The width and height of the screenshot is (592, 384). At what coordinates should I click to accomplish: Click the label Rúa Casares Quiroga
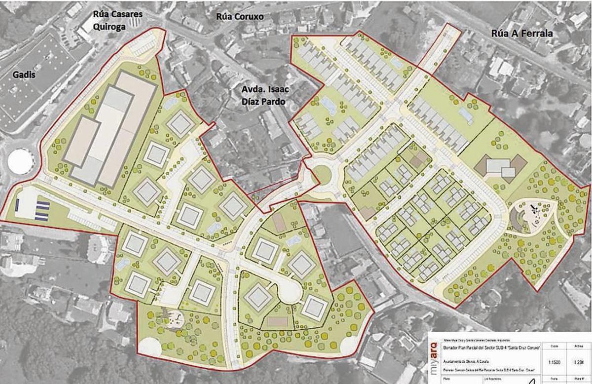pos(118,19)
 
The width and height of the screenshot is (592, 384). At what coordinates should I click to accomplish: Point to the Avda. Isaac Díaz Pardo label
pos(265,97)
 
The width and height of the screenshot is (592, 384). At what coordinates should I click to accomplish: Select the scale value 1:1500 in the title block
pos(553,361)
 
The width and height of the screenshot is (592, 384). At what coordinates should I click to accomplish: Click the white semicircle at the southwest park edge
pos(149,347)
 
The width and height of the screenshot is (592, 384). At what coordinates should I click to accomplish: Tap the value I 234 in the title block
pos(579,361)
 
